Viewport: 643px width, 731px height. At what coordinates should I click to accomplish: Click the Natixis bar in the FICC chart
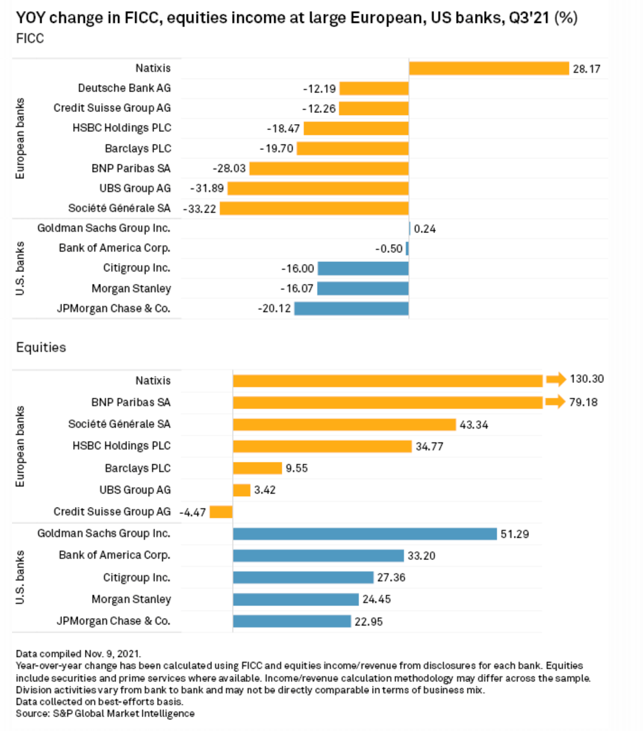coord(489,69)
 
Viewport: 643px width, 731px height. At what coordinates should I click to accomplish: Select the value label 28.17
coord(586,69)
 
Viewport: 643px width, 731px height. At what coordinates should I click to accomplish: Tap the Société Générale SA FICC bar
coord(314,208)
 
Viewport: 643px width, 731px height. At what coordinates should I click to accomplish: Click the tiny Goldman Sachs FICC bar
coord(409,229)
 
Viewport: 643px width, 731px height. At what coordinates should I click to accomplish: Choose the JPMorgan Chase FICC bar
coord(352,309)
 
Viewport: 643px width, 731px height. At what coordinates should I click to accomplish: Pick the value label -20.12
coord(275,309)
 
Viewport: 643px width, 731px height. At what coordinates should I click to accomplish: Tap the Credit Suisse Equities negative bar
coord(221,512)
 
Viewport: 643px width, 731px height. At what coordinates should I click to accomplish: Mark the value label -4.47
coord(193,512)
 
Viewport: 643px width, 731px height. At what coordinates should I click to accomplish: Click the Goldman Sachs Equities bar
coord(365,534)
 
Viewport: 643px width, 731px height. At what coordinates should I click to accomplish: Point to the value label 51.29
coord(515,534)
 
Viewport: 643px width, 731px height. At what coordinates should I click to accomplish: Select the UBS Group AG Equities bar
coord(241,490)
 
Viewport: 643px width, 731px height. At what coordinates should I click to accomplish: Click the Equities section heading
coord(41,347)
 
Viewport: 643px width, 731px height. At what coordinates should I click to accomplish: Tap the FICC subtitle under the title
coord(30,39)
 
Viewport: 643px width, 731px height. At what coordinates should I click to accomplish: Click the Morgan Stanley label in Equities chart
coord(131,600)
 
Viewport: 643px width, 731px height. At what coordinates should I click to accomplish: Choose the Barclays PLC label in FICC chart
coord(138,149)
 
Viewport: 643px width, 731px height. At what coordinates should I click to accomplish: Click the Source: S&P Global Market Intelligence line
coord(105,714)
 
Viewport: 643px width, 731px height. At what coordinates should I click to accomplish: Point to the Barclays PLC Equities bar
coord(257,468)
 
